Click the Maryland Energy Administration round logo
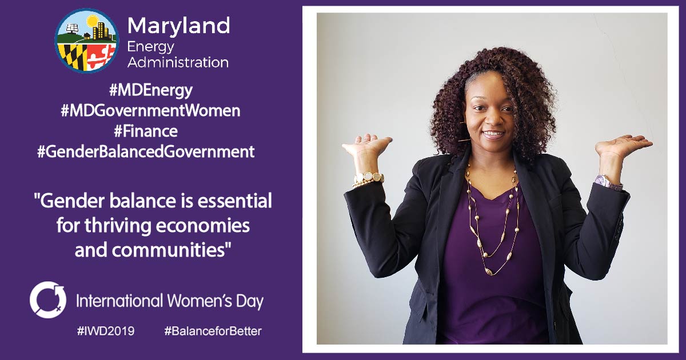click(87, 41)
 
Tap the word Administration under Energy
click(178, 62)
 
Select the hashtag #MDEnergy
click(151, 91)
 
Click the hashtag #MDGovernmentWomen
click(150, 111)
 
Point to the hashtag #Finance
click(146, 131)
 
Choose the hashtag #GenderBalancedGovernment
click(146, 152)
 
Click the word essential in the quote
click(234, 201)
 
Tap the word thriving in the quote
click(118, 226)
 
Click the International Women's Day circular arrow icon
click(48, 299)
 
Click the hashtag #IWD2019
click(106, 331)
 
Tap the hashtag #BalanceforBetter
click(213, 331)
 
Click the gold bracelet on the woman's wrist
click(368, 179)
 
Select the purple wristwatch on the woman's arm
click(608, 182)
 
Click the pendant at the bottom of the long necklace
click(488, 271)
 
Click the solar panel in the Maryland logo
click(72, 28)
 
